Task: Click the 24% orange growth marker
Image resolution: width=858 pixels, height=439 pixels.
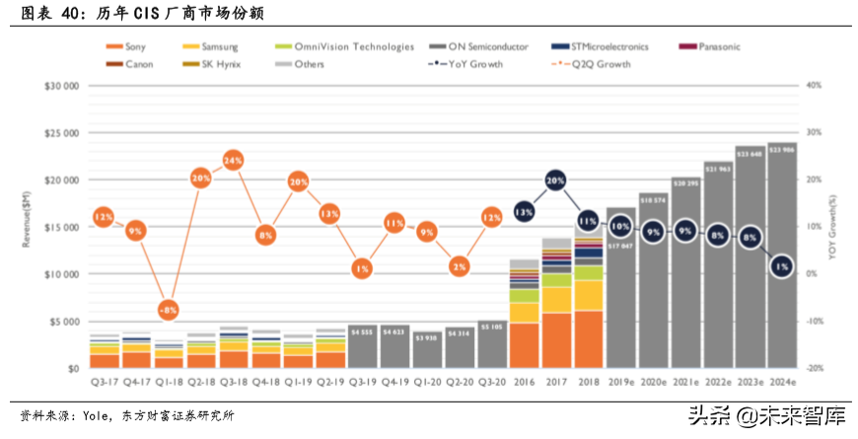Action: coord(233,160)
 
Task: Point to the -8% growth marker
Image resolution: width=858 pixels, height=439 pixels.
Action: coord(169,310)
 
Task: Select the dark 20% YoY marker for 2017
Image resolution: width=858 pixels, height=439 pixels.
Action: coord(556,182)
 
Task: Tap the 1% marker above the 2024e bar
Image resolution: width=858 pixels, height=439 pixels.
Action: coord(781,266)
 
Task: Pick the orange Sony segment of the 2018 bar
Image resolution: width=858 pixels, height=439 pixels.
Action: coord(589,339)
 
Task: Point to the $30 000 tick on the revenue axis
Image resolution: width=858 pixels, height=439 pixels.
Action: coord(61,86)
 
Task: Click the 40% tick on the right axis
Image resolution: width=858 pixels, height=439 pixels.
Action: coord(814,86)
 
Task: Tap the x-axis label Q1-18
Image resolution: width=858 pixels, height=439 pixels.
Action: coord(169,382)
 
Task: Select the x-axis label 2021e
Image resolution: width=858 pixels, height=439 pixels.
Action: coord(684,382)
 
